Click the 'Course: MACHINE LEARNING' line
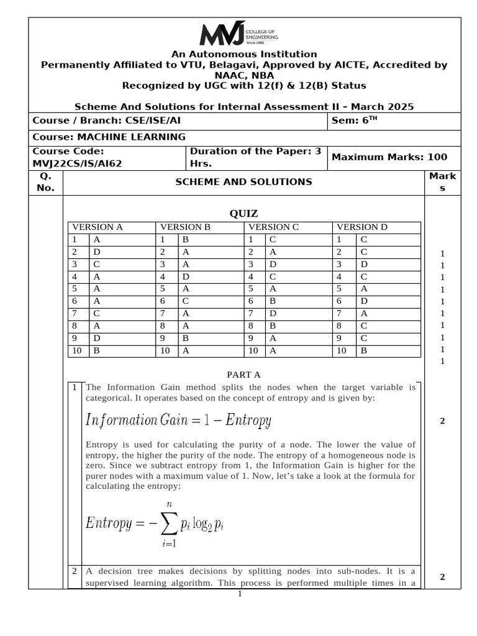[x=109, y=137]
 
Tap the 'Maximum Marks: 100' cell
[x=389, y=157]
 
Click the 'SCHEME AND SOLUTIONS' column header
[x=243, y=182]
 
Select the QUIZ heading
[x=243, y=214]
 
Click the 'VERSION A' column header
[x=98, y=227]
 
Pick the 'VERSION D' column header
[x=361, y=227]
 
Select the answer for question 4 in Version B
[x=185, y=276]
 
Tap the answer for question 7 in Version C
[x=273, y=313]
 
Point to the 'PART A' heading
[x=243, y=375]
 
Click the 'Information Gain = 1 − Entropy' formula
[x=179, y=420]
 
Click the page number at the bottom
[x=239, y=594]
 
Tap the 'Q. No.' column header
[x=45, y=182]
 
